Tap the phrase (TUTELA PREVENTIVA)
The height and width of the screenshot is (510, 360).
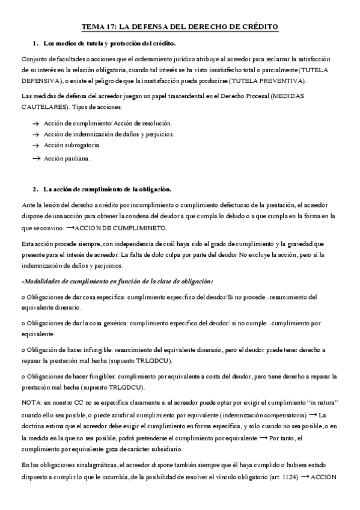pos(270,81)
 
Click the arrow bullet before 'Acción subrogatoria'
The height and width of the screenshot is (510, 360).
pos(35,145)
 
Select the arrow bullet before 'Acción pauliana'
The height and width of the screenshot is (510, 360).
pos(35,158)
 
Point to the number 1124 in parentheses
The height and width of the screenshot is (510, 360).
pos(290,476)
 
